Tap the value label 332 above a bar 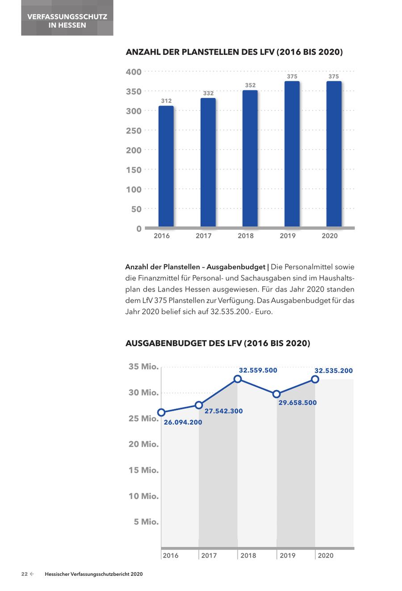[x=208, y=93]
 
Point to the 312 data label [x=166, y=101]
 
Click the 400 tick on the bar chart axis [x=134, y=72]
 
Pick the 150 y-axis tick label [x=134, y=170]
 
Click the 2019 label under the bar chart [x=288, y=236]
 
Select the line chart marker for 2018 [x=238, y=379]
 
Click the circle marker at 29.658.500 [x=276, y=394]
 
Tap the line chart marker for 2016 [x=162, y=412]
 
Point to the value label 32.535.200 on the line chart [x=333, y=370]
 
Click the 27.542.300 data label [x=224, y=411]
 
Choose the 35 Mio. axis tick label [x=143, y=366]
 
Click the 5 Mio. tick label [x=146, y=521]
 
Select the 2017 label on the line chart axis [x=209, y=555]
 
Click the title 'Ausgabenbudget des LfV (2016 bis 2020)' [x=218, y=343]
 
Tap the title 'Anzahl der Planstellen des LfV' [x=234, y=52]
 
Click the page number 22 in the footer [x=25, y=574]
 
